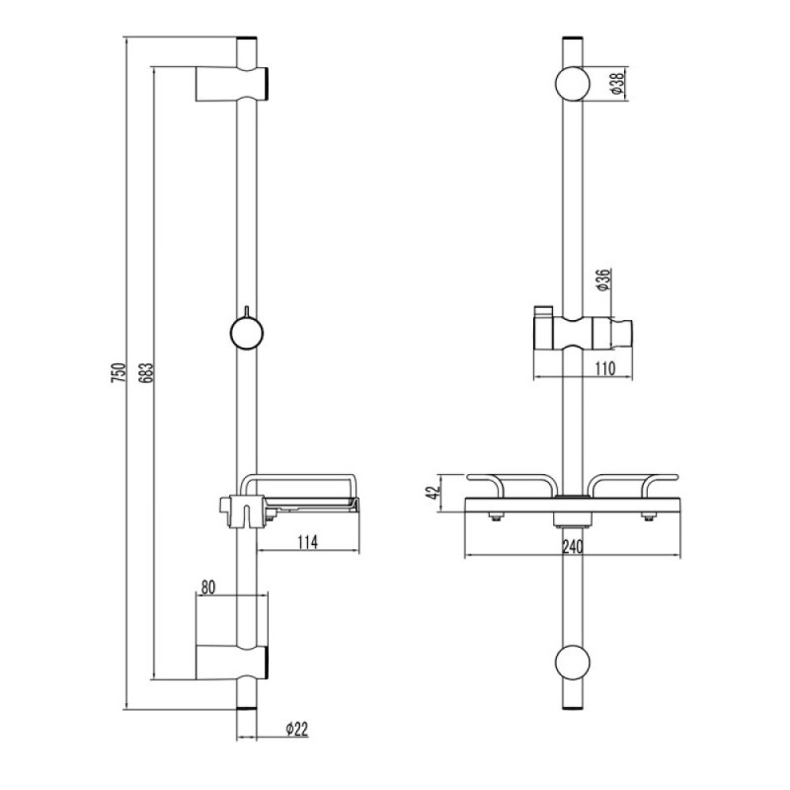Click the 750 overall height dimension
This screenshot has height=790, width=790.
pos(118,372)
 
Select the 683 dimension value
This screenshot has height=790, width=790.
pos(146,372)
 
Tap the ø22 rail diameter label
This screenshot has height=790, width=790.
pos(297,729)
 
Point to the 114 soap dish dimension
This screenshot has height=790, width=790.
pos(307,542)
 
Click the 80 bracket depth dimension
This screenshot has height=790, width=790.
pos(208,587)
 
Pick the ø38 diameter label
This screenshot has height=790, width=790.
pos(617,84)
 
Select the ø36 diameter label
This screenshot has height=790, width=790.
pos(603,280)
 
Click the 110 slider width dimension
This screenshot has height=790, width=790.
pos(605,368)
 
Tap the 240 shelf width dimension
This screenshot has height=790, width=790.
pos(573,547)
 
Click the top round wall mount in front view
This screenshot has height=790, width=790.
pos(573,84)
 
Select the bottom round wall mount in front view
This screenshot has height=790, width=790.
pos(573,662)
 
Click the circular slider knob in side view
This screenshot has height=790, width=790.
pos(246,333)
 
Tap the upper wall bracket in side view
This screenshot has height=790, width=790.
pos(232,84)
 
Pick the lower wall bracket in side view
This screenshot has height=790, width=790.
pos(232,662)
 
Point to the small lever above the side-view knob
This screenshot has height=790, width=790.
pos(246,312)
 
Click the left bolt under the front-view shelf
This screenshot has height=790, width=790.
pos(497,515)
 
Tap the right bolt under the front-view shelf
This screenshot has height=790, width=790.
pos(649,515)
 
